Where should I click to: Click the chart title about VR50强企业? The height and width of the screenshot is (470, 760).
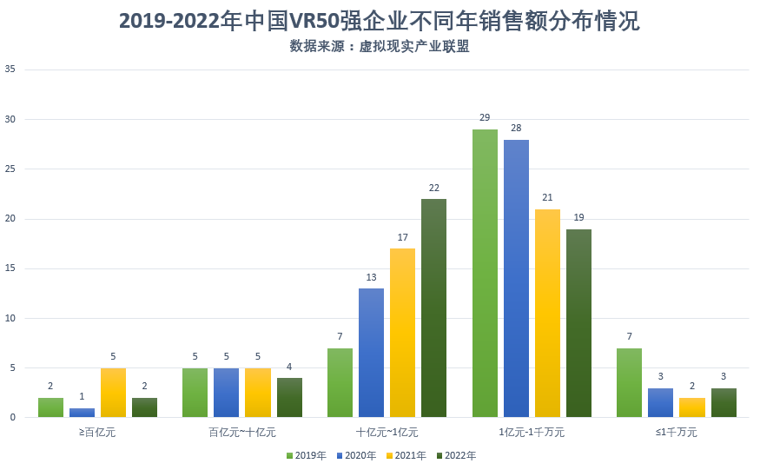tap(380, 22)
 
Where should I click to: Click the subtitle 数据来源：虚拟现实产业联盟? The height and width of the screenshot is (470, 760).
tap(380, 47)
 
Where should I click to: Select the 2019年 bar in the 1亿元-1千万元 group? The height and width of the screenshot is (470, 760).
tap(485, 274)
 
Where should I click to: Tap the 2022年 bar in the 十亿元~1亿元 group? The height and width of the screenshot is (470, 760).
tap(433, 308)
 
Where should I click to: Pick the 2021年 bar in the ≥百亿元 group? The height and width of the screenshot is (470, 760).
tap(113, 393)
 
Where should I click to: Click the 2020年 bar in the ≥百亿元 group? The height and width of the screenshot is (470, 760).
tap(82, 413)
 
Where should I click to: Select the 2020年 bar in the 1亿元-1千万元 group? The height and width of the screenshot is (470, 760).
tap(516, 279)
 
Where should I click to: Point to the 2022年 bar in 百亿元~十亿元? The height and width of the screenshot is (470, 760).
tap(289, 398)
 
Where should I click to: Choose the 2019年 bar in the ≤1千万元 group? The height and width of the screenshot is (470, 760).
tap(629, 383)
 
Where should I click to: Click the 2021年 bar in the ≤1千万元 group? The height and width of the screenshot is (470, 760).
tap(692, 407)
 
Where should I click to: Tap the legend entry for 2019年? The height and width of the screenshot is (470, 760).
tap(305, 455)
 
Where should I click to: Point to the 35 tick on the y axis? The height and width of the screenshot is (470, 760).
tap(10, 69)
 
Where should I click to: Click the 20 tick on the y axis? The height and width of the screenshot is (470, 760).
tap(10, 219)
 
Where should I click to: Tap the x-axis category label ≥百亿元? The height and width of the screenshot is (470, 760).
tap(97, 432)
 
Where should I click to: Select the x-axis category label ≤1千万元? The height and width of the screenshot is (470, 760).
tap(676, 432)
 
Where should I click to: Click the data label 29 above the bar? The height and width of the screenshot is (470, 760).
tap(485, 117)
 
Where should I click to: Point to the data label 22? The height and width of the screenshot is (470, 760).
tap(433, 188)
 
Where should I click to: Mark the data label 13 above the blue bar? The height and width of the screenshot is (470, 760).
tap(371, 277)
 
